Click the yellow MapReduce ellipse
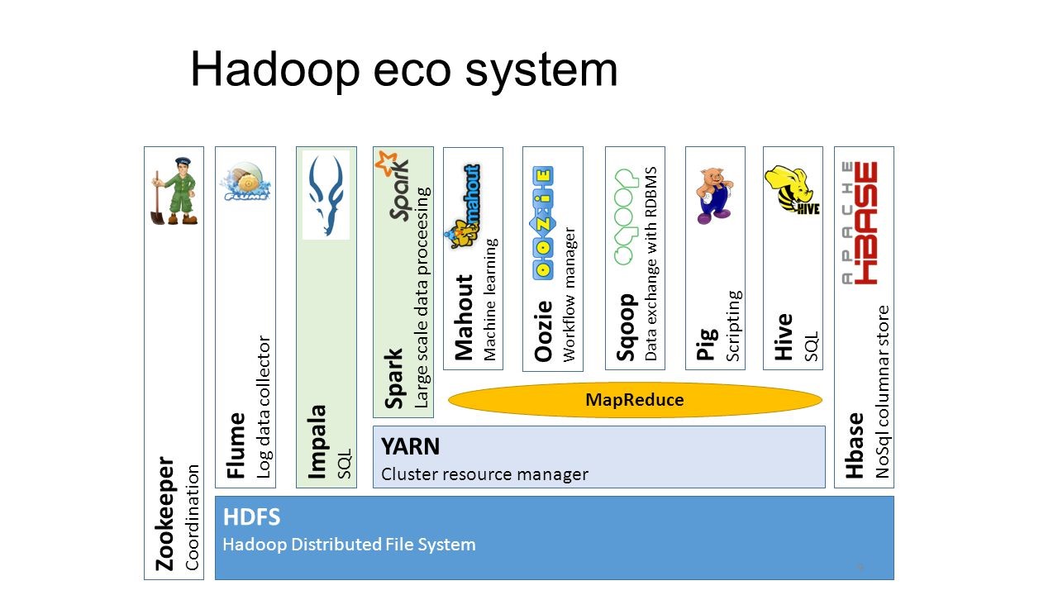click(635, 400)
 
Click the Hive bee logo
click(792, 190)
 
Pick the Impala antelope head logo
click(326, 195)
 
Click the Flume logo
click(245, 184)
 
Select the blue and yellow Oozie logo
click(541, 222)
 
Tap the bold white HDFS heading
click(251, 518)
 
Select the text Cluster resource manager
click(484, 474)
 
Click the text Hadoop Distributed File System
click(349, 545)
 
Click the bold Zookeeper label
click(166, 512)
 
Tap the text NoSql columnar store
click(882, 392)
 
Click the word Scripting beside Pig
click(733, 326)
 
